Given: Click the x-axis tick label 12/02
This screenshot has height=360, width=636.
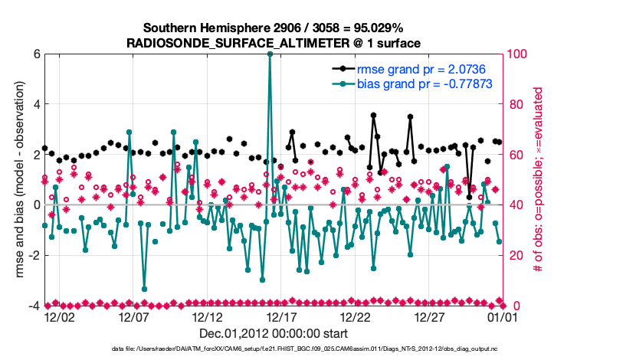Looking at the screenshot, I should (x=59, y=316).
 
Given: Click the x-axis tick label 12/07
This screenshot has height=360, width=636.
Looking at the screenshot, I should (x=133, y=316).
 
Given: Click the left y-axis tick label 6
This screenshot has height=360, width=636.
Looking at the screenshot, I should (x=36, y=54).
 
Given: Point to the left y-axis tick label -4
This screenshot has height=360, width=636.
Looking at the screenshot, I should (x=34, y=306).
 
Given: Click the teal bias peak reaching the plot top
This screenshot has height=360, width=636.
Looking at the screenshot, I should (x=270, y=54).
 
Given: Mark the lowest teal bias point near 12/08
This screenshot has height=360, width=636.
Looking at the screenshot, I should (x=144, y=289).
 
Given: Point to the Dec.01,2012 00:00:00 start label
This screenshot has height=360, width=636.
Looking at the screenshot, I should (x=274, y=333).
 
